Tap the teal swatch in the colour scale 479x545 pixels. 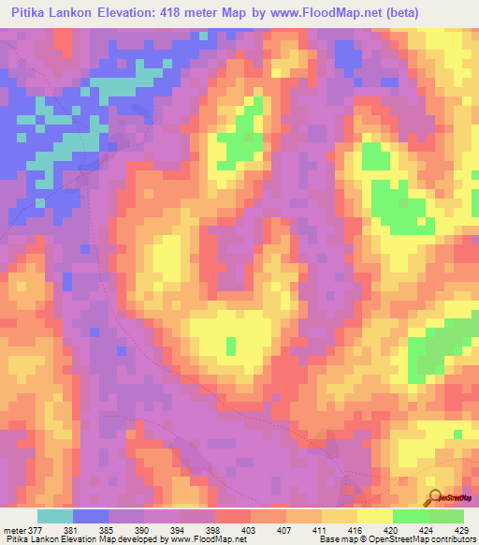[x=55, y=516]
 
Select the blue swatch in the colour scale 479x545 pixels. [x=91, y=516]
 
